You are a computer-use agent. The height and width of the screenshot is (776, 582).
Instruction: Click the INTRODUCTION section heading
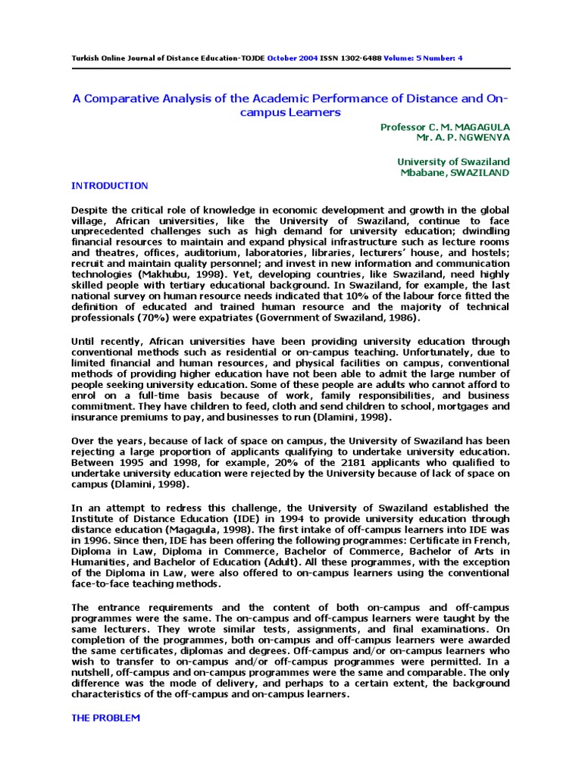pyautogui.click(x=109, y=186)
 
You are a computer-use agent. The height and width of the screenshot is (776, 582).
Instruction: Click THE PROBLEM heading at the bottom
pyautogui.click(x=105, y=718)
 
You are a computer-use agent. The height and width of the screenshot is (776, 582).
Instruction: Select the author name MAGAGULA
pyautogui.click(x=480, y=127)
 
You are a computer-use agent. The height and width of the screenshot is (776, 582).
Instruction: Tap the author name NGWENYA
pyautogui.click(x=483, y=138)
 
